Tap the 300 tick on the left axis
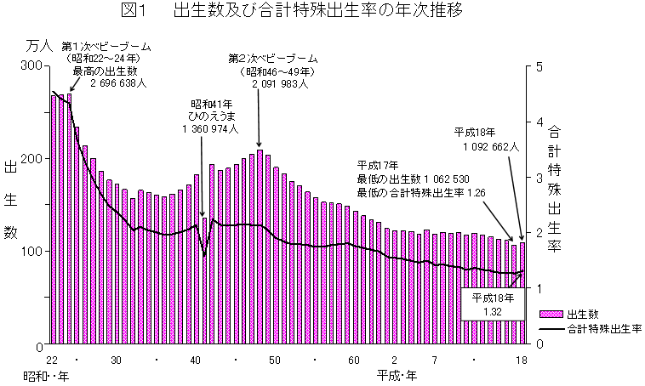[x=34, y=65]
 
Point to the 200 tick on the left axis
[x=34, y=159]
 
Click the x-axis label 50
[x=275, y=360]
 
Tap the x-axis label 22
[x=52, y=360]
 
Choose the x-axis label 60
[x=354, y=360]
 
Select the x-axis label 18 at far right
[x=522, y=360]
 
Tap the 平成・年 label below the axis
[x=395, y=374]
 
